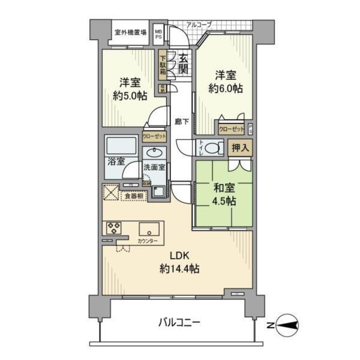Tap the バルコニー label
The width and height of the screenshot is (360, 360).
[x=179, y=322]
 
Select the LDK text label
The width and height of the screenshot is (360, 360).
[x=170, y=255]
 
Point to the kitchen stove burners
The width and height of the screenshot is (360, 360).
[x=115, y=228]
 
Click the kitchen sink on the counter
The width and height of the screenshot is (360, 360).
[x=149, y=229]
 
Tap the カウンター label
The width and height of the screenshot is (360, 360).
[x=148, y=241]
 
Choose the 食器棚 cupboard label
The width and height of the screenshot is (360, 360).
[x=133, y=195]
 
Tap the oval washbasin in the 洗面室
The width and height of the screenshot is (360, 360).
[x=152, y=152]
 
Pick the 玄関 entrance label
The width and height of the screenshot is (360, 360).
[x=183, y=64]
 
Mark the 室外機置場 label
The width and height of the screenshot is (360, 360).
[x=131, y=32]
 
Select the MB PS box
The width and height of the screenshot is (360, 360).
[x=159, y=32]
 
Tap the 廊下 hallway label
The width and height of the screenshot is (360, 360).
[x=182, y=121]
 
